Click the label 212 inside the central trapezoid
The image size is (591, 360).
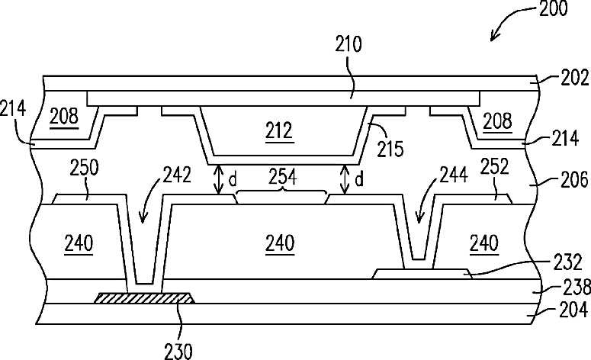click(278, 130)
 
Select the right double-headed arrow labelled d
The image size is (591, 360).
click(345, 180)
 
